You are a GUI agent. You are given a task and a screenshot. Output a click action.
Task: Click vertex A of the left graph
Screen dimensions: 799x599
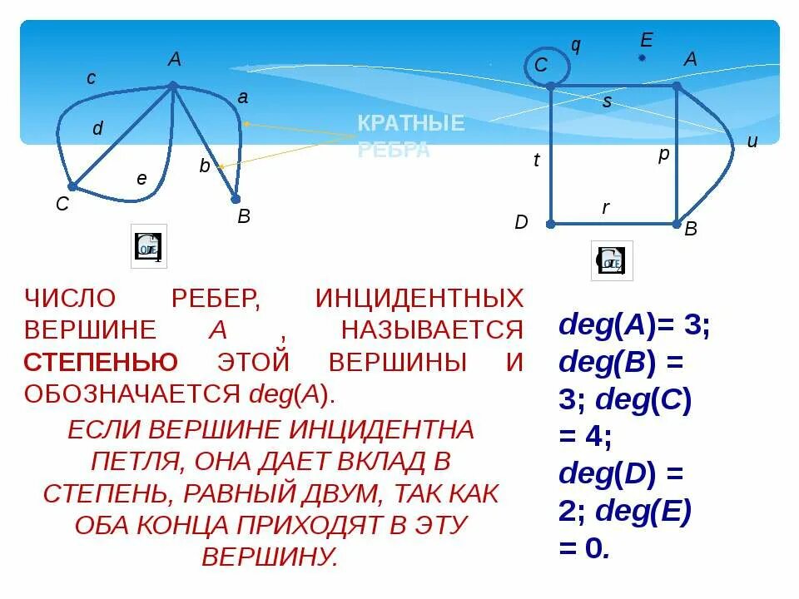(172, 85)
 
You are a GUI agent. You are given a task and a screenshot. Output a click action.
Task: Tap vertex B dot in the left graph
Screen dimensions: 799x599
(236, 199)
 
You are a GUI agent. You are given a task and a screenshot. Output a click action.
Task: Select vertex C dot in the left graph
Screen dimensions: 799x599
(72, 186)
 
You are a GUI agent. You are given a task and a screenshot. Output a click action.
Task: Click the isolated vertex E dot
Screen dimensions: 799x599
(642, 57)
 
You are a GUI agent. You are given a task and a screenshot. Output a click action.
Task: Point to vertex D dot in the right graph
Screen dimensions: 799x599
(550, 223)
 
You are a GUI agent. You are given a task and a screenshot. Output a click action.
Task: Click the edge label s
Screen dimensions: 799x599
(607, 102)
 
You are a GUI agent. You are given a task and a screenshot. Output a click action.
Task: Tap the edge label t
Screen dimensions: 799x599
(536, 161)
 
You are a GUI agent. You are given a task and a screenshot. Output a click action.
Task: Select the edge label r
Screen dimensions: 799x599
(606, 208)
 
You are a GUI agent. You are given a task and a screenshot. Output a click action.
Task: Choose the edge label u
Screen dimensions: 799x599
(752, 142)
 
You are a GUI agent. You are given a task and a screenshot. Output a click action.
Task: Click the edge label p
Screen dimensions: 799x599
(663, 155)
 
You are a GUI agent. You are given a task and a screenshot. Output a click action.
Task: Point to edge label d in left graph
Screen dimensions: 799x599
(97, 129)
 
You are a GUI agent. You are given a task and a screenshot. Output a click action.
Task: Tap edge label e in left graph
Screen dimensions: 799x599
(141, 179)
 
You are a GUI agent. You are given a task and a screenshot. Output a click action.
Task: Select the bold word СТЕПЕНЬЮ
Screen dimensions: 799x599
(101, 363)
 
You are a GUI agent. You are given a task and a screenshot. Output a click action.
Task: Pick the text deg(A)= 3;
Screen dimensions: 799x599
(634, 324)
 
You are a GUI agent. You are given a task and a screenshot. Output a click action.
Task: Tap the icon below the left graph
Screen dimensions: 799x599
(149, 246)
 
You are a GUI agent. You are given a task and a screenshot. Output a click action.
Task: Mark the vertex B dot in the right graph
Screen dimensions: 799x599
(677, 223)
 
